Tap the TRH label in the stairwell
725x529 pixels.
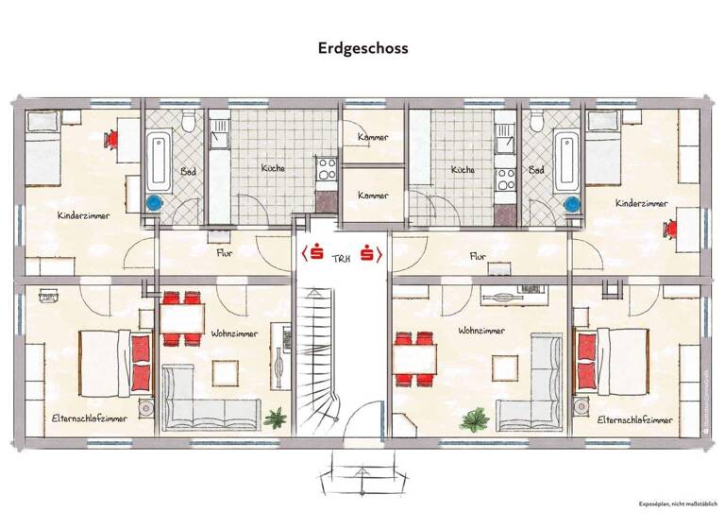[341, 255]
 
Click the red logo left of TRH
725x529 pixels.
[314, 254]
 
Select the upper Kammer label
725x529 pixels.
[372, 138]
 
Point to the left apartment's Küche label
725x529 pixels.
[273, 169]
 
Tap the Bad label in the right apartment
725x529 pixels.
[537, 170]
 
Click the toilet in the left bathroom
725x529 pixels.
[189, 122]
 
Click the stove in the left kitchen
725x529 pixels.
[327, 170]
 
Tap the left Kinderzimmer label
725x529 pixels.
[83, 215]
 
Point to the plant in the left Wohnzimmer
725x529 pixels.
[277, 416]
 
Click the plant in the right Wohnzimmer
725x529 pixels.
[479, 416]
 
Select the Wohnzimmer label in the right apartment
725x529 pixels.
[480, 332]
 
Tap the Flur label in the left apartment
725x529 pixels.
[225, 253]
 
